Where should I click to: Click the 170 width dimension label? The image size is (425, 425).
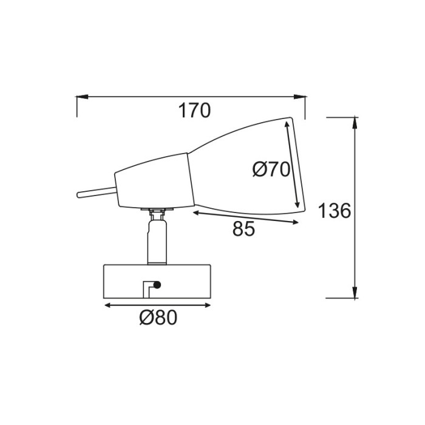coord(194,111)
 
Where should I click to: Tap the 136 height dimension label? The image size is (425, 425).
coord(335,211)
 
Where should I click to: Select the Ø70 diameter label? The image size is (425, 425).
coord(271,169)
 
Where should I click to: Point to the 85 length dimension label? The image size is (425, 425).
coord(243,229)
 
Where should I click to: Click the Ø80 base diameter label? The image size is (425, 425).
coord(158,318)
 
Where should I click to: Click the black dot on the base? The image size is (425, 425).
coord(157,284)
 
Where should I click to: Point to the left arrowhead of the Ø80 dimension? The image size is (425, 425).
coord(110,305)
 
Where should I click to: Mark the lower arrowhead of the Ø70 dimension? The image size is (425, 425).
coord(297,203)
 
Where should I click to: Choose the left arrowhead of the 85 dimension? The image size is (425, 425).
coord(198,213)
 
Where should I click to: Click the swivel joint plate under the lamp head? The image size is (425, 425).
coord(157,211)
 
